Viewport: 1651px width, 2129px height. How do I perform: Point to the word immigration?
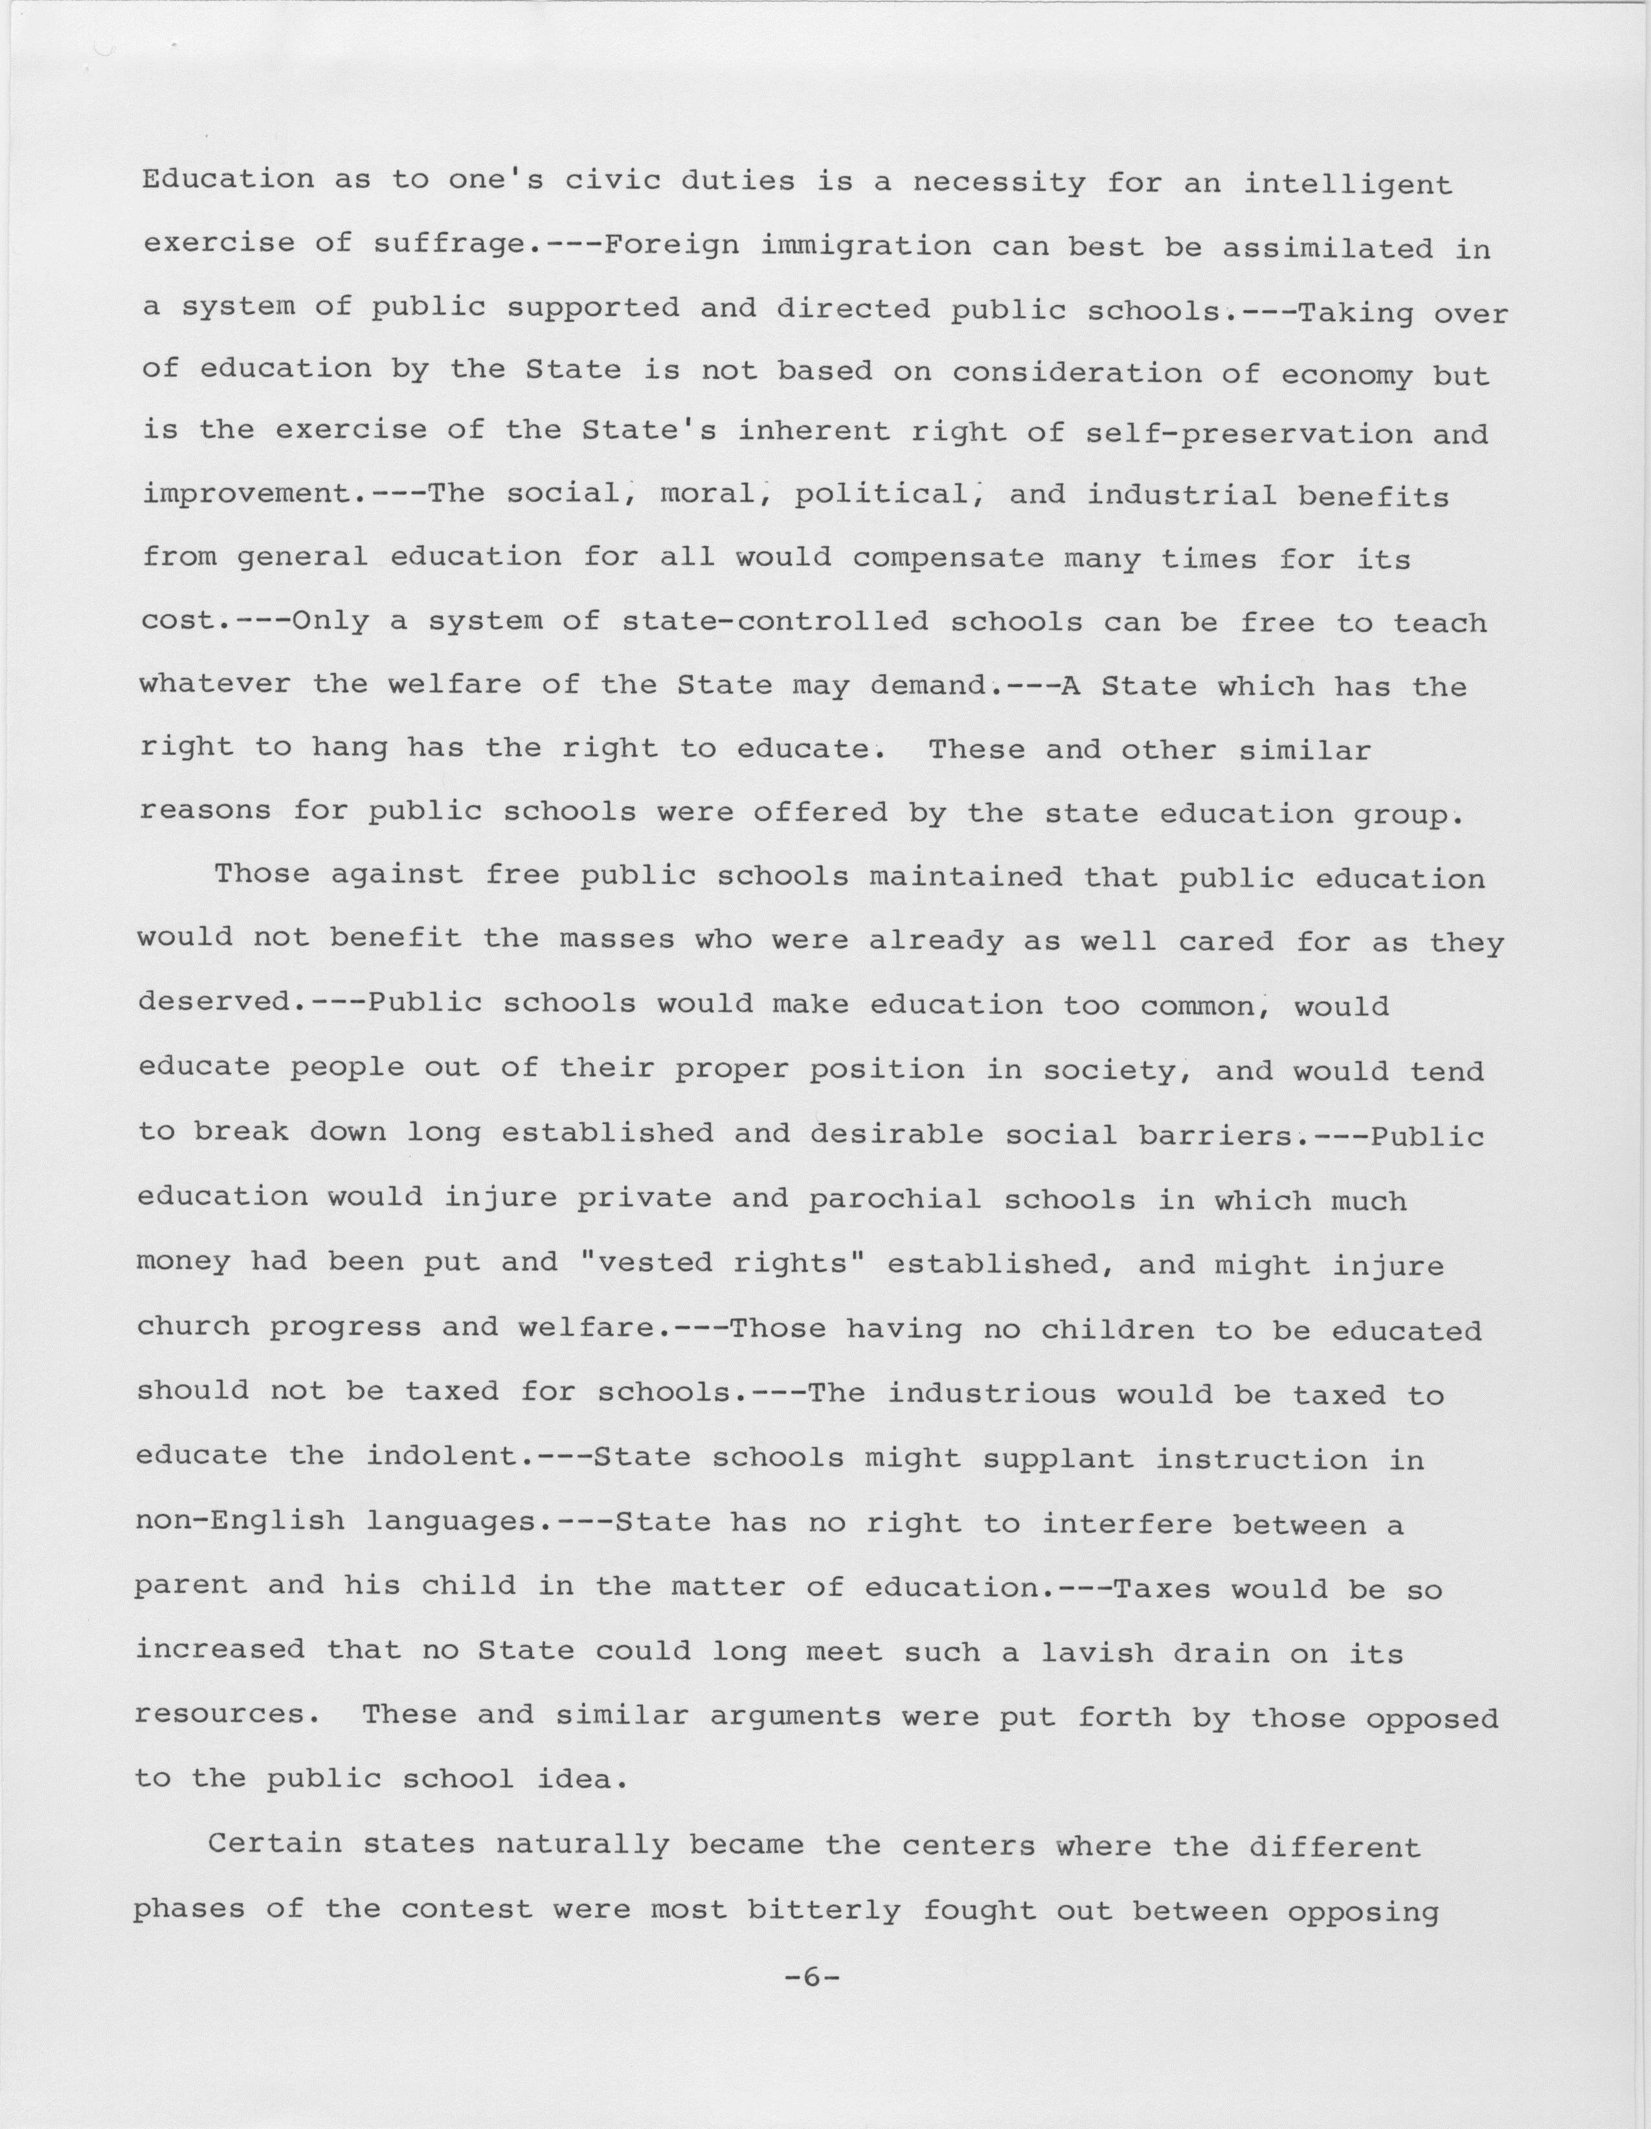[864, 245]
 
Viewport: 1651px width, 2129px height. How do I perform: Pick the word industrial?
[1181, 496]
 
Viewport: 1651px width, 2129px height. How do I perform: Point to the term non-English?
[240, 1521]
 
